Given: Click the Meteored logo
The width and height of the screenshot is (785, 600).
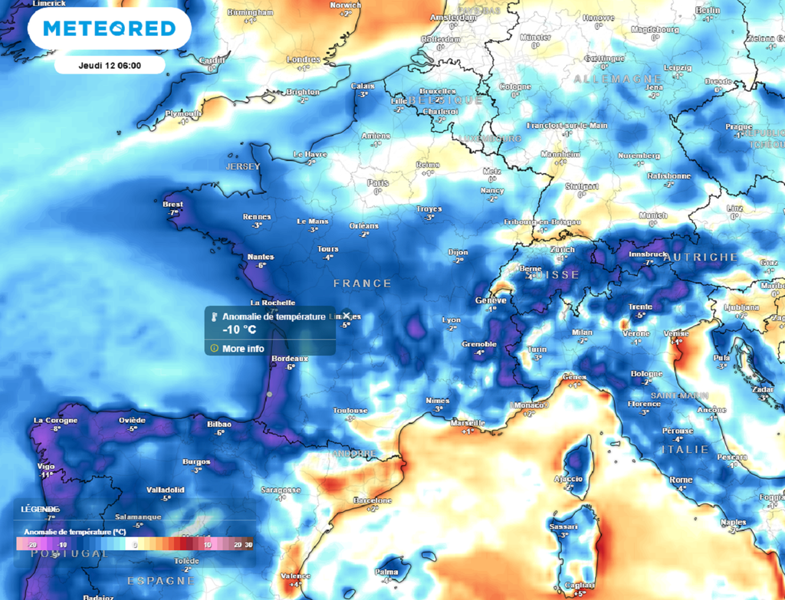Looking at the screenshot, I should tap(109, 28).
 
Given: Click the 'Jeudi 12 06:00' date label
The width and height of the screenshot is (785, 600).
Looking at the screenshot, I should tap(110, 65).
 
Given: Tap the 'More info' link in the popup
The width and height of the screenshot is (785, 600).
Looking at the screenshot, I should tap(243, 349).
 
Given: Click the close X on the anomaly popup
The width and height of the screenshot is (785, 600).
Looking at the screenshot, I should tap(346, 315).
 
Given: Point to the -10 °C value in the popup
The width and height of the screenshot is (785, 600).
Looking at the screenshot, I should tap(239, 330).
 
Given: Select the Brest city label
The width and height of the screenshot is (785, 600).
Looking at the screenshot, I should tap(172, 205).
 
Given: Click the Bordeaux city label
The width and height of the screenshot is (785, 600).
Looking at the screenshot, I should tap(290, 358).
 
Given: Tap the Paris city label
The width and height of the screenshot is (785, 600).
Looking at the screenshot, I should tap(377, 183).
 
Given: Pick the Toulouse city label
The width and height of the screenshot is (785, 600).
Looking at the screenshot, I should tap(350, 410).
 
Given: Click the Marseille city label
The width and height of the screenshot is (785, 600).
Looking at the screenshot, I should tap(468, 422).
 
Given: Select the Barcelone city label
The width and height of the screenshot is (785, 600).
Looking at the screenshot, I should tap(373, 500).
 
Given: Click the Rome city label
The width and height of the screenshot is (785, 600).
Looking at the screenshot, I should tap(681, 480).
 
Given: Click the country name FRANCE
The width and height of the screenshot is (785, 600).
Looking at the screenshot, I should tap(362, 284).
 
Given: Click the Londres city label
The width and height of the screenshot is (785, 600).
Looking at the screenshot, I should tap(303, 59).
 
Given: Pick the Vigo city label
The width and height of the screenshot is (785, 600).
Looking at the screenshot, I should tap(47, 466).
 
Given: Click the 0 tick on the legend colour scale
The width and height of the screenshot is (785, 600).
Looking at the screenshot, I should tap(135, 545).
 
